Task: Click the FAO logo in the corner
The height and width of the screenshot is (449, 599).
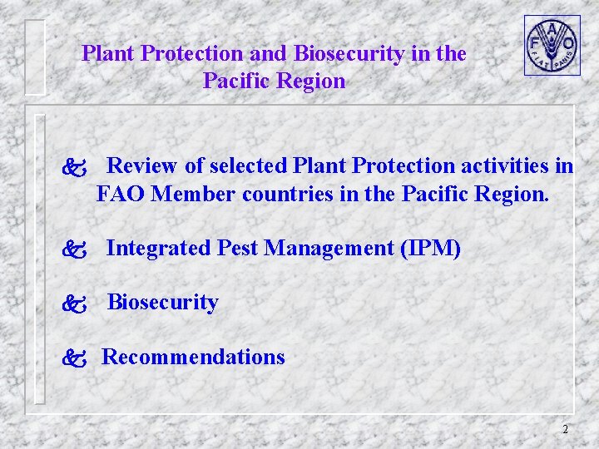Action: pos(552,45)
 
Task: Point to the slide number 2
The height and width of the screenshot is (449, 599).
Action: pos(565,430)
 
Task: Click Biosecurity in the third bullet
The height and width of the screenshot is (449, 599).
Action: pos(163,303)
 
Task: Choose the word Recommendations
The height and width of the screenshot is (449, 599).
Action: pos(193,358)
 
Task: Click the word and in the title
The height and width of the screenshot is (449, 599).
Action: pos(268,54)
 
